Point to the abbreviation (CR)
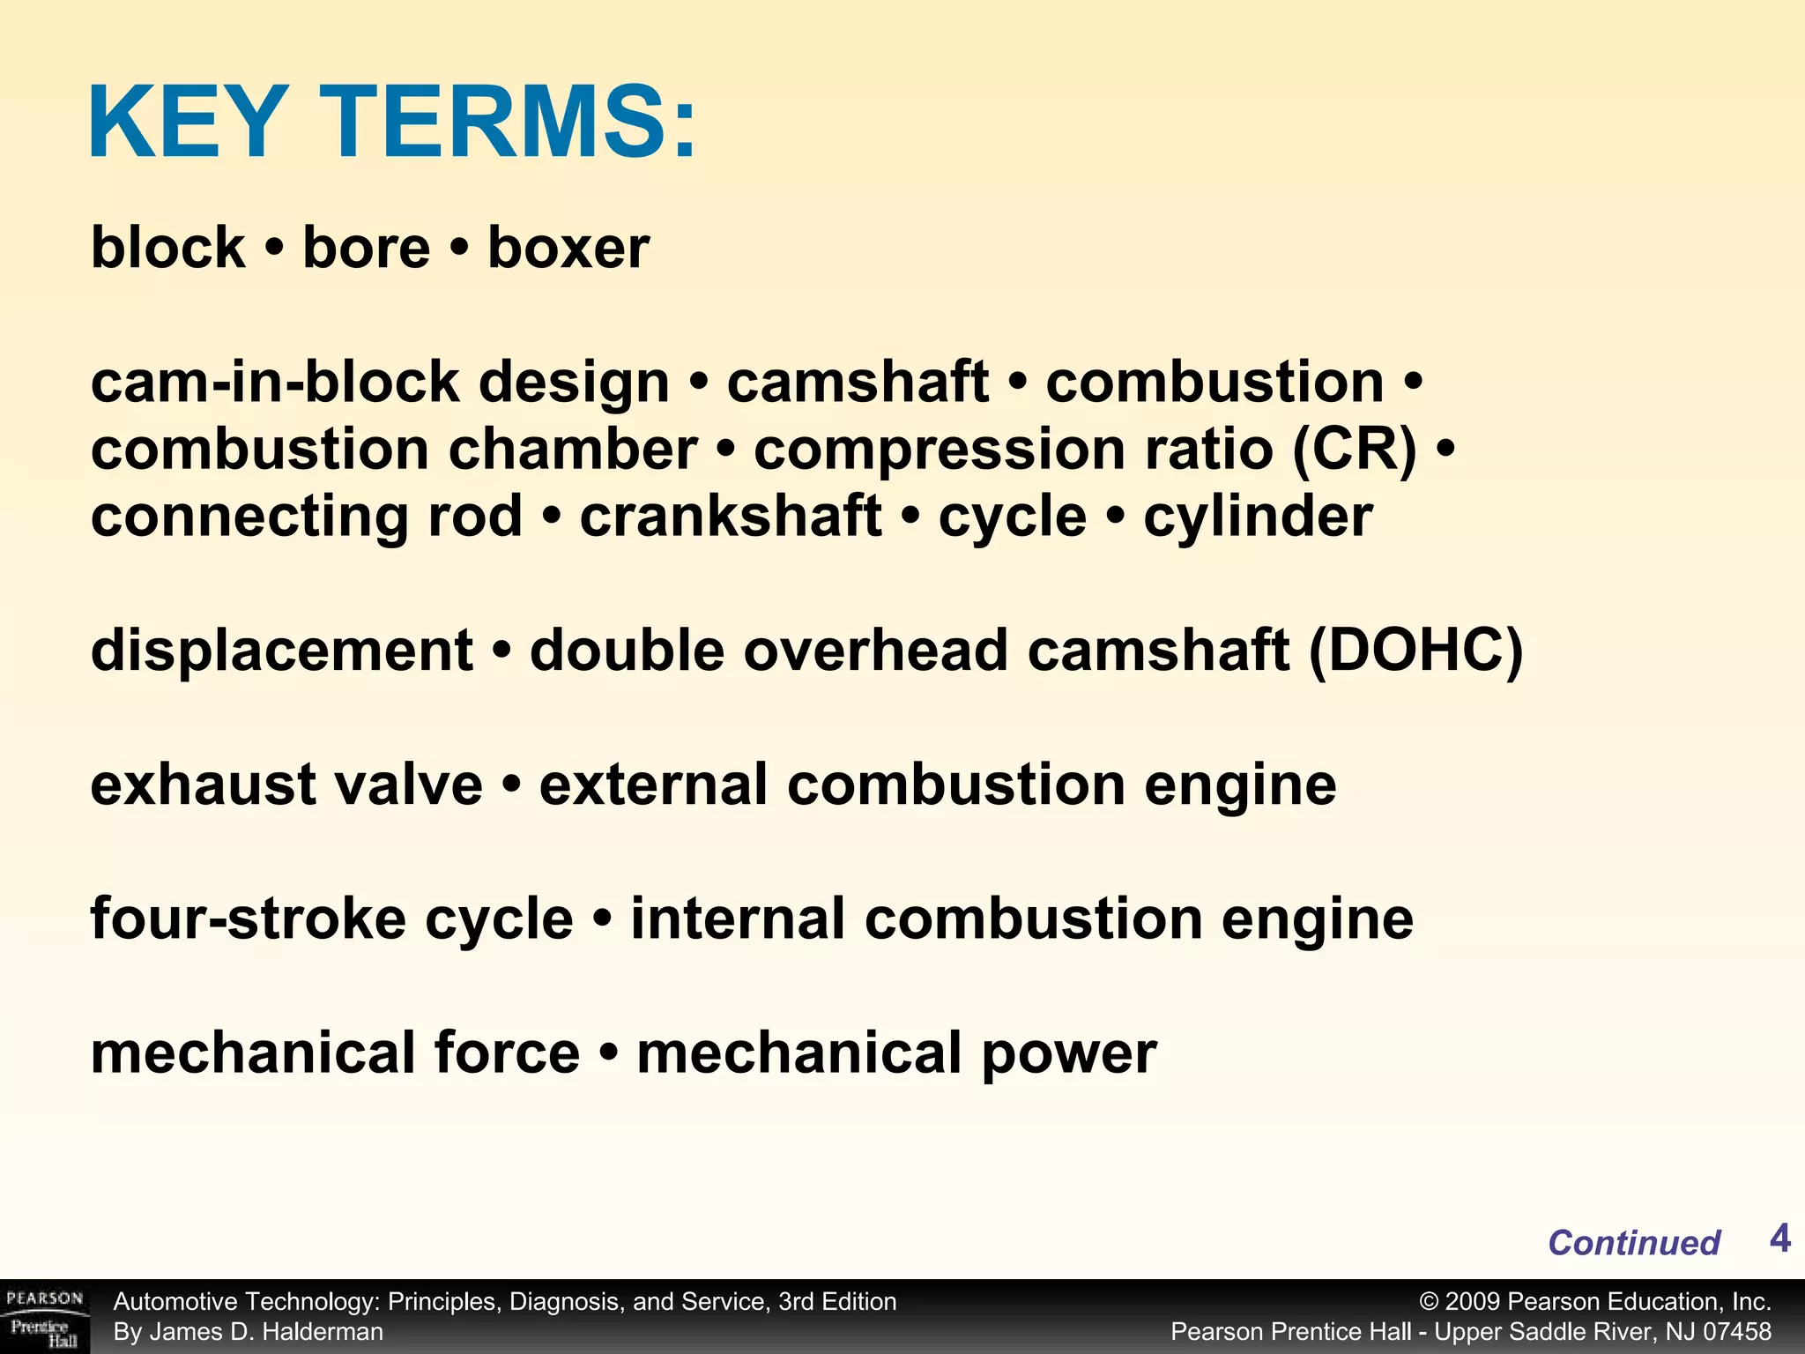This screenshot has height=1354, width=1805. (1355, 450)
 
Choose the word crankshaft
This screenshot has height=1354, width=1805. (730, 517)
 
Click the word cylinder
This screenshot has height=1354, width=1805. (1258, 517)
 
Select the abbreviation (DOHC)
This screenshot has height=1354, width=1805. (1415, 651)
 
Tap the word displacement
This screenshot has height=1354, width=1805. (282, 651)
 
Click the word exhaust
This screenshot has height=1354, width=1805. (204, 785)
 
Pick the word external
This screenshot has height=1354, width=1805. (654, 785)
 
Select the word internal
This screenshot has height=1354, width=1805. (738, 919)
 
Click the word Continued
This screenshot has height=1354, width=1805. (1633, 1243)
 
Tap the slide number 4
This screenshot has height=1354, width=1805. (1779, 1239)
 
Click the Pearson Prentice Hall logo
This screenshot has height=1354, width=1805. (44, 1317)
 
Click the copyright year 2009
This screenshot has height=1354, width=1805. (1472, 1302)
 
